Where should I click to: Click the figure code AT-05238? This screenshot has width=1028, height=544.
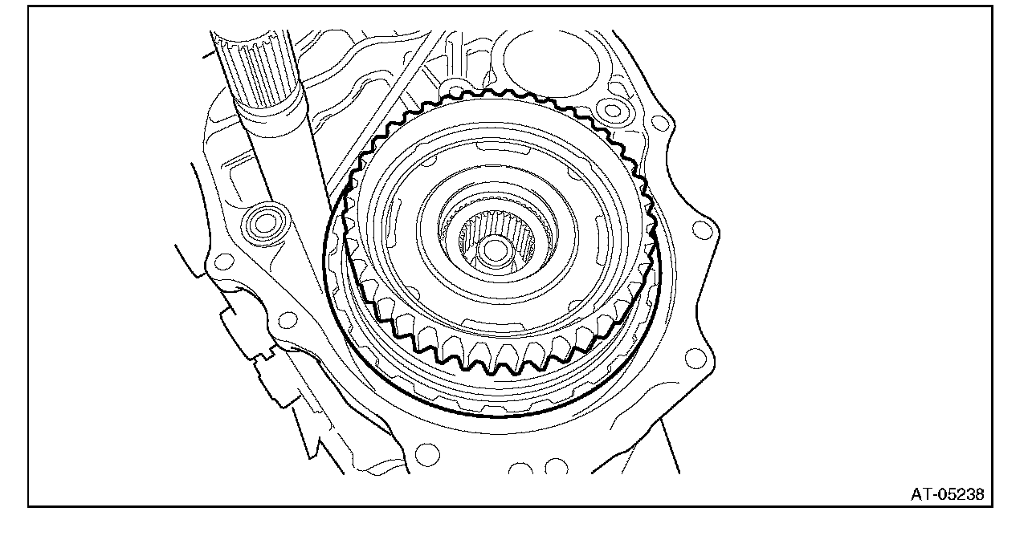[x=947, y=494]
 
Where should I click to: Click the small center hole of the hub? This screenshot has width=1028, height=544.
[x=494, y=251]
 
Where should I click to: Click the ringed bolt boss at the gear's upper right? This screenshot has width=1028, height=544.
[x=612, y=110]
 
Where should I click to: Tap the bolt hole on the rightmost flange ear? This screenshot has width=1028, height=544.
[x=702, y=229]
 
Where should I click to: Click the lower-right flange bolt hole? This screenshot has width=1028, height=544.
[x=695, y=358]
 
